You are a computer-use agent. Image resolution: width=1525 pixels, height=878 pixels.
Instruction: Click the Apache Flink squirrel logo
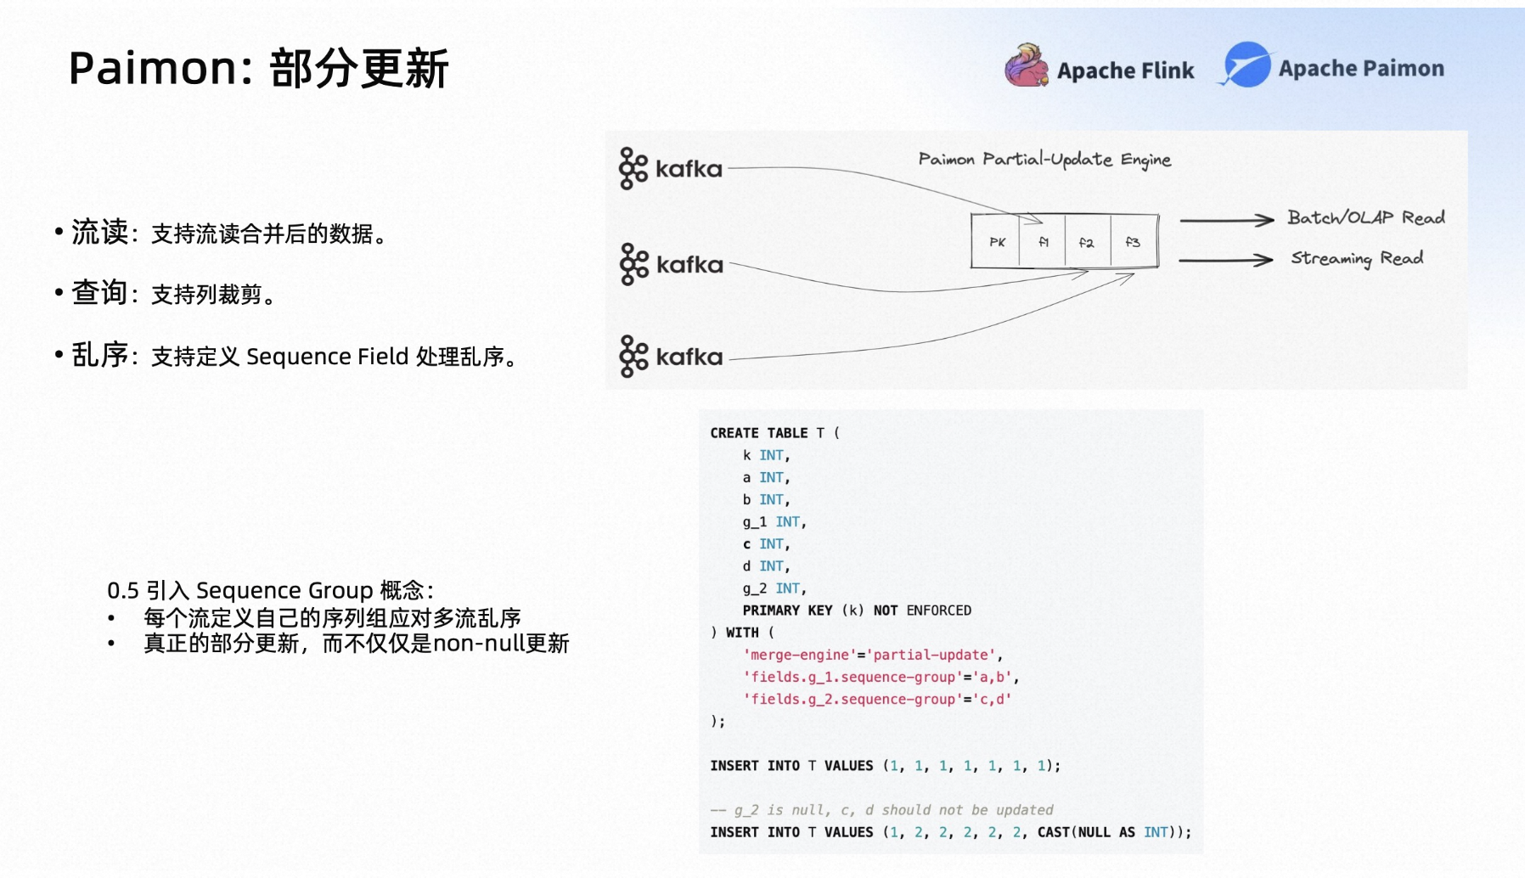pos(1027,66)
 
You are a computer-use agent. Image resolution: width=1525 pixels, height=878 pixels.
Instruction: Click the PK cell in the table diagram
pos(997,242)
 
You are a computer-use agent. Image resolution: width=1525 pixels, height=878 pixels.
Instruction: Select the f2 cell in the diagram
pos(1087,242)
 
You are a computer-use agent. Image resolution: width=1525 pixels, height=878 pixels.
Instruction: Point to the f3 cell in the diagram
pos(1134,242)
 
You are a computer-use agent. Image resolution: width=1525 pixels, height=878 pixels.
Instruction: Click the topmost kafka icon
pos(633,168)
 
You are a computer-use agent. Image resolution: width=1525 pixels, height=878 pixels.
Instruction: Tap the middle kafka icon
pos(633,264)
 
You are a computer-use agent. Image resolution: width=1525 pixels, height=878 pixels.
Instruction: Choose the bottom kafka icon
pos(633,356)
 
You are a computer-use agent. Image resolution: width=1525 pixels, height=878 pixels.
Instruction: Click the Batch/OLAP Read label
pos(1366,217)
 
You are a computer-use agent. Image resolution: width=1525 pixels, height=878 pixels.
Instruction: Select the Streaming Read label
pos(1357,258)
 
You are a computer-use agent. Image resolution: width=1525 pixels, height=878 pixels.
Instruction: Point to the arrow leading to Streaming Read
pos(1226,260)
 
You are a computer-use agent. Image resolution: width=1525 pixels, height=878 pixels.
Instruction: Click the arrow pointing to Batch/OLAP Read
pos(1227,220)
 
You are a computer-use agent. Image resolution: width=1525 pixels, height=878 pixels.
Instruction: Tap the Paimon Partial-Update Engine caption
pos(1044,160)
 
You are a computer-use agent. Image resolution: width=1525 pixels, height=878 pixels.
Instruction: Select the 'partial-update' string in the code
pos(933,655)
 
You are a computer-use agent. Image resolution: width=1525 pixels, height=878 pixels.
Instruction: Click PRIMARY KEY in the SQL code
pos(787,611)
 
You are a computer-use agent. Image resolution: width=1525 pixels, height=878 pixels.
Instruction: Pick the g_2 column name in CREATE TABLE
pos(755,588)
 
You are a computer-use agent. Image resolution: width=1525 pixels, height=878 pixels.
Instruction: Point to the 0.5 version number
pos(123,590)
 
